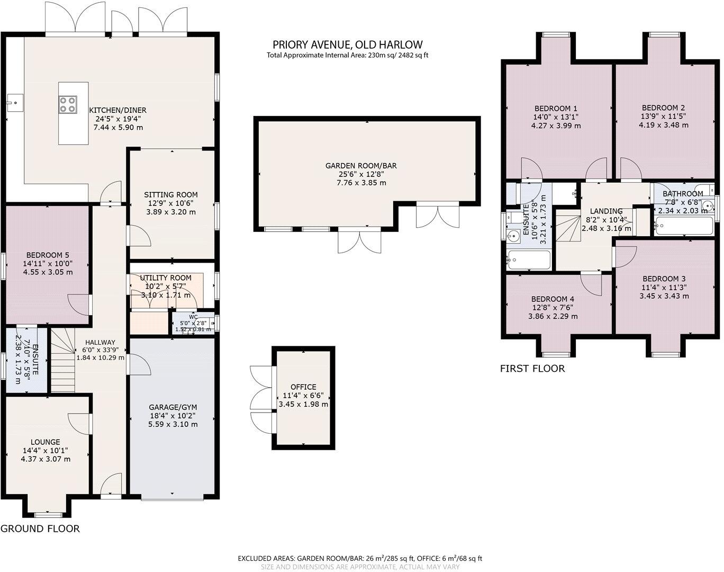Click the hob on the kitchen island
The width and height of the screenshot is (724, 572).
(67, 104)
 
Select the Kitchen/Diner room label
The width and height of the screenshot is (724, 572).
(117, 110)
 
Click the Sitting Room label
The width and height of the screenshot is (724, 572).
(171, 194)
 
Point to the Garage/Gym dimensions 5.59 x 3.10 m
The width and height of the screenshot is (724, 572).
(173, 424)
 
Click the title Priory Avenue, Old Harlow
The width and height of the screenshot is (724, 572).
(348, 44)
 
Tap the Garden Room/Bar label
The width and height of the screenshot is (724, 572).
(361, 166)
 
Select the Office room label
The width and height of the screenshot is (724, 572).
(303, 387)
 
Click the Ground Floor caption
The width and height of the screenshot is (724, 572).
(40, 529)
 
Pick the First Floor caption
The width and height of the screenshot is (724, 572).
(532, 368)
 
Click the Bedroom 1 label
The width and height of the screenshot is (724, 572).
(556, 109)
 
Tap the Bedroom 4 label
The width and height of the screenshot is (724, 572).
(553, 299)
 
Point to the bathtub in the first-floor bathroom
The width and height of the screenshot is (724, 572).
(684, 225)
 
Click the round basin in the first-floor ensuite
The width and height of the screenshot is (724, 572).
(513, 236)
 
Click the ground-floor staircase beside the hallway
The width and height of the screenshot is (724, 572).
(62, 360)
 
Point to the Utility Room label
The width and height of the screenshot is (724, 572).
(166, 278)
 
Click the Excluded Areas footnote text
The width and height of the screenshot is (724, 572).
(360, 558)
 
